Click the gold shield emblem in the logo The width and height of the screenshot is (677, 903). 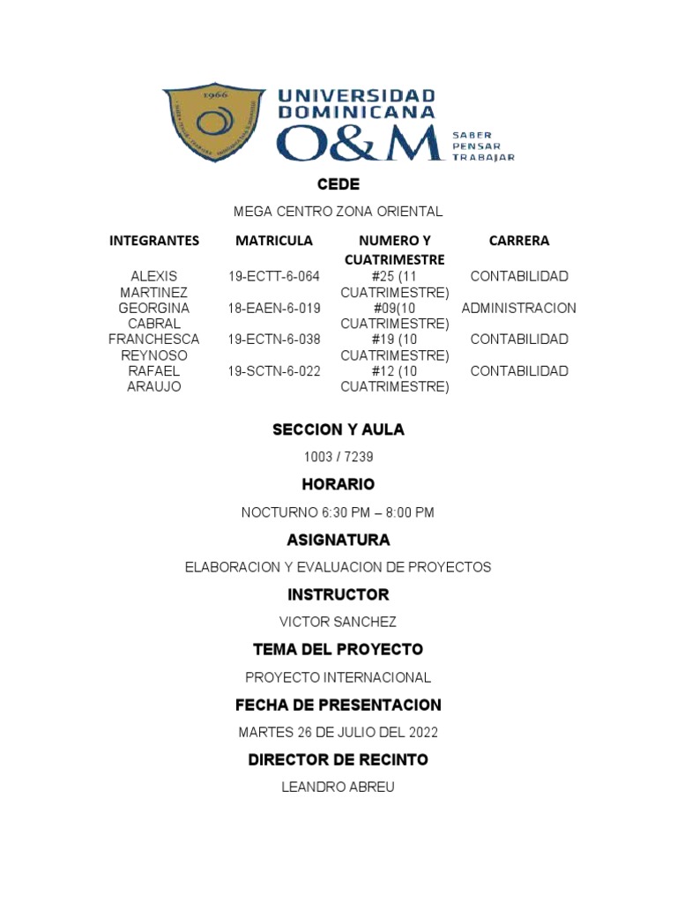tap(214, 123)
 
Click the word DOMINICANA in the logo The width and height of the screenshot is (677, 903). tap(356, 113)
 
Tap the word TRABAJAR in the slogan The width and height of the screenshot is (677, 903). tap(482, 158)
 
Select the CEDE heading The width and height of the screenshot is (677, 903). tap(338, 184)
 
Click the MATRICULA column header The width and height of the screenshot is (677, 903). tap(274, 241)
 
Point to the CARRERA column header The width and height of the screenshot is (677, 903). tap(519, 241)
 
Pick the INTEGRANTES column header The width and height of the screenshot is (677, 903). tap(154, 241)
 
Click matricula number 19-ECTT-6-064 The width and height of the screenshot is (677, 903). tap(274, 277)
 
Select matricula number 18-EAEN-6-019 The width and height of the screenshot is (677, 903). tap(274, 309)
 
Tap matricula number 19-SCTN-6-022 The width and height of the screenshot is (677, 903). tap(274, 371)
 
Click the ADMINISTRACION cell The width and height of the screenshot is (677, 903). tap(519, 309)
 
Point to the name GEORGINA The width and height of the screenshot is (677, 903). tap(154, 309)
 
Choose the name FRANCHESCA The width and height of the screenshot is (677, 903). tap(154, 340)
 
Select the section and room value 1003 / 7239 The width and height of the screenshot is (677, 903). tap(338, 457)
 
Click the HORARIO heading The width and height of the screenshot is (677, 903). tap(338, 484)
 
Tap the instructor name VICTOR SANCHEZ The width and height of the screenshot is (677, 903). tap(338, 623)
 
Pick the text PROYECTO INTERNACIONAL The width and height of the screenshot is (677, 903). tap(338, 677)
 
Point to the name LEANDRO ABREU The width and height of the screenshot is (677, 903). tap(338, 787)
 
